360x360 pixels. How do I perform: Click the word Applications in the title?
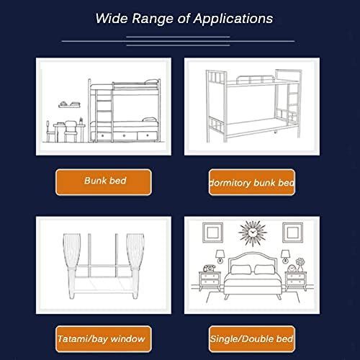click(233, 19)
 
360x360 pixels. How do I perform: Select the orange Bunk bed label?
click(104, 182)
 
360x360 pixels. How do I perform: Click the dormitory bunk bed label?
click(252, 182)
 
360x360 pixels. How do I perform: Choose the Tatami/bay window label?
click(104, 339)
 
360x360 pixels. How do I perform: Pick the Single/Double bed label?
click(252, 339)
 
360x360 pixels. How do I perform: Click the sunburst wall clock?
click(252, 233)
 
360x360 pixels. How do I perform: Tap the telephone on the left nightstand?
click(210, 268)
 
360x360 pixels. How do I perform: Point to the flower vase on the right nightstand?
click(300, 265)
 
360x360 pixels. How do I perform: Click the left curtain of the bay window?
click(71, 264)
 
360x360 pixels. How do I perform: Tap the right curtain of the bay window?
click(135, 264)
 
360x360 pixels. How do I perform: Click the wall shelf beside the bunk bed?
click(69, 106)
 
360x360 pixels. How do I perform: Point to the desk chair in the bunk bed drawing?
click(71, 132)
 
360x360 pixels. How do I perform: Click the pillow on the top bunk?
click(151, 82)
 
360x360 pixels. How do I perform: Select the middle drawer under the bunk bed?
click(124, 136)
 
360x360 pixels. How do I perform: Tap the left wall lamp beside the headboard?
click(220, 256)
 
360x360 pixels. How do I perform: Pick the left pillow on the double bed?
click(240, 269)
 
